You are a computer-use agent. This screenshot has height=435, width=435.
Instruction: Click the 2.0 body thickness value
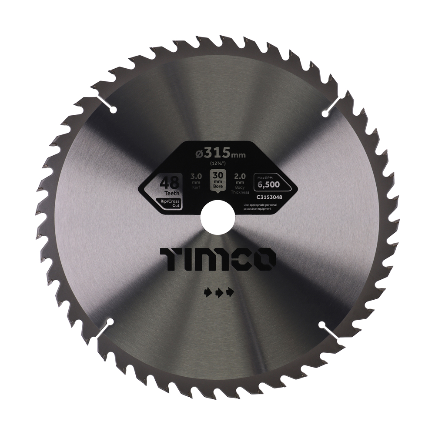tap(241, 177)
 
